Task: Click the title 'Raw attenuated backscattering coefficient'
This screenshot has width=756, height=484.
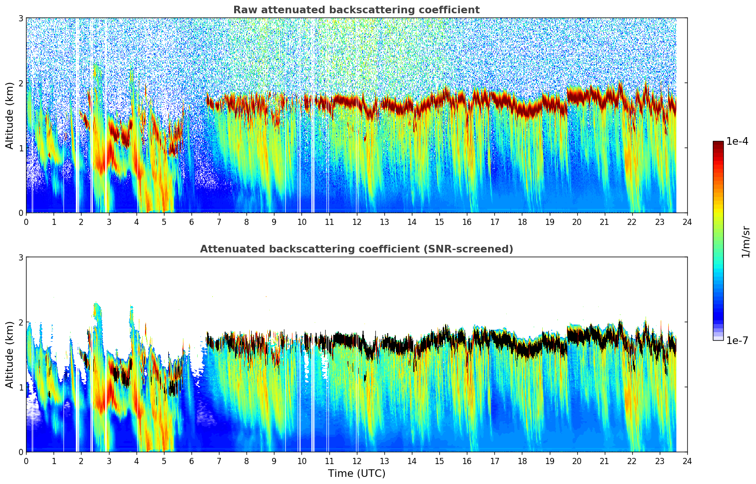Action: pos(356,10)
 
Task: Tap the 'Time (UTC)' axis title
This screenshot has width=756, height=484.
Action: pos(356,473)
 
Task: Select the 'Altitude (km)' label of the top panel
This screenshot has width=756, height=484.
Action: pos(10,115)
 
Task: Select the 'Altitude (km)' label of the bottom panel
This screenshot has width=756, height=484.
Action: pos(10,354)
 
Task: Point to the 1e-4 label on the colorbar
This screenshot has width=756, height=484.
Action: pos(737,141)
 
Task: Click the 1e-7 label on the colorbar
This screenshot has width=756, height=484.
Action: pos(737,340)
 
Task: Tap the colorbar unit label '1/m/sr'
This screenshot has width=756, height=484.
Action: pos(746,241)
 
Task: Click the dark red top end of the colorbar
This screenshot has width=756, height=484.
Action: pos(718,144)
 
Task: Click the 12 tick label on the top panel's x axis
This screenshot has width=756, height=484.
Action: pos(356,222)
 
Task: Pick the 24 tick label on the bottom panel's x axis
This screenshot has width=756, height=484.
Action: pos(687,461)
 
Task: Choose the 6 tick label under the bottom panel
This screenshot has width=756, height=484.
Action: pos(191,461)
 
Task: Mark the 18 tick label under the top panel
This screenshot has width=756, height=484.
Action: pos(522,222)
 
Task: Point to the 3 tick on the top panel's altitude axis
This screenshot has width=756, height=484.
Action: pos(21,18)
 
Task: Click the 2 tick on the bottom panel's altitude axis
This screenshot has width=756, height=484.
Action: pos(21,322)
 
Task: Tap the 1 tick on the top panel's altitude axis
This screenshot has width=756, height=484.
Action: pos(21,148)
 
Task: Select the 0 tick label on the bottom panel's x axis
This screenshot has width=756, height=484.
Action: pos(26,461)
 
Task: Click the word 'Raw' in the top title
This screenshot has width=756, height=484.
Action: pos(243,10)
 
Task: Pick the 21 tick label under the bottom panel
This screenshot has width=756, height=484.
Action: pos(604,461)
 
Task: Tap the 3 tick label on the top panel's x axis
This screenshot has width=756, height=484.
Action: pos(109,222)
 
